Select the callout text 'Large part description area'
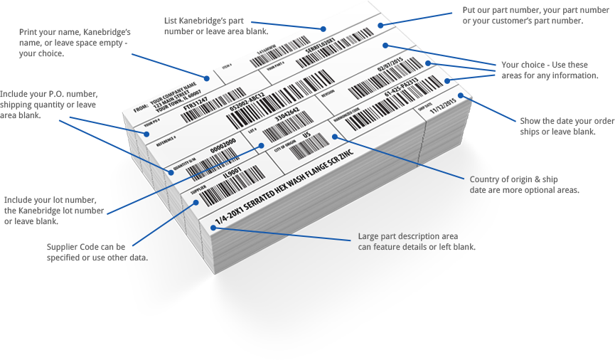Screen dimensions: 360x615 pos(407,235)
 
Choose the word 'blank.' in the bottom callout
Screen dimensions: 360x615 pos(462,247)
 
